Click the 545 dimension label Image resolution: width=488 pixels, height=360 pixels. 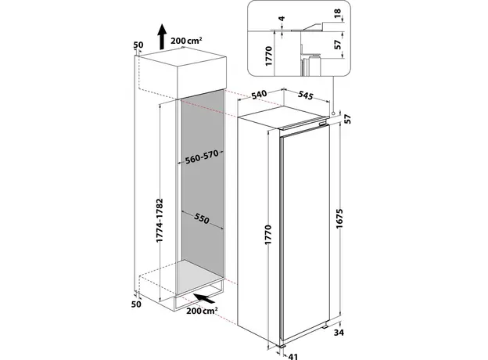coord(307,96)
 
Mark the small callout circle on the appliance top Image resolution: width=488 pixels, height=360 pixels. coord(334,113)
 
